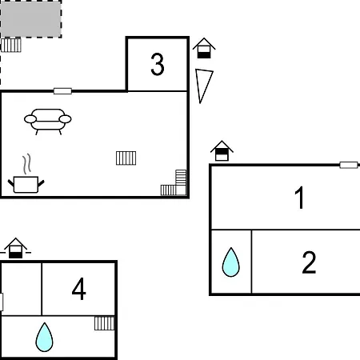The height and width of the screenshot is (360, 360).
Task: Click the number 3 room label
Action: click(x=158, y=64)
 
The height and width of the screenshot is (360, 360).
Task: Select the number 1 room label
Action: click(x=300, y=198)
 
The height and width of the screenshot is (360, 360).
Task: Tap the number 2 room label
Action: click(x=309, y=262)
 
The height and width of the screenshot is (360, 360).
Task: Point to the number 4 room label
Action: click(x=79, y=289)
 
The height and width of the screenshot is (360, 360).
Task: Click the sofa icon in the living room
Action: click(x=48, y=122)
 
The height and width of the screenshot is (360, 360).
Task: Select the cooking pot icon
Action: click(x=26, y=184)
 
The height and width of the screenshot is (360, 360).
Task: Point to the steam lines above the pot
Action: click(x=26, y=164)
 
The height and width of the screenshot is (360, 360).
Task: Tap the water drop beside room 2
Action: click(x=231, y=262)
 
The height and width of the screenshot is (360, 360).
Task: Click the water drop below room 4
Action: click(x=44, y=337)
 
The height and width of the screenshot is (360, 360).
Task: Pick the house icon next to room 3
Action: click(x=204, y=48)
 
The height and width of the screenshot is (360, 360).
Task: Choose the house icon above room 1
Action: click(x=222, y=150)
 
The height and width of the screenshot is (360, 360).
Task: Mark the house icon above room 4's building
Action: click(x=15, y=248)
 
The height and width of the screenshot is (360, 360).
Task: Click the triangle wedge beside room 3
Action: click(x=203, y=86)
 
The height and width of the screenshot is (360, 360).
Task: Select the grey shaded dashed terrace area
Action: click(x=30, y=19)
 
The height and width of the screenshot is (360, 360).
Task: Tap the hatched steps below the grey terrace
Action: click(x=11, y=45)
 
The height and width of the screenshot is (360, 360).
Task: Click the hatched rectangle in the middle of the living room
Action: click(x=126, y=158)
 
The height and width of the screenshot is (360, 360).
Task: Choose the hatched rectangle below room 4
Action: click(x=105, y=323)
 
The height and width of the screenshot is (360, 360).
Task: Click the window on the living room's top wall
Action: click(x=62, y=91)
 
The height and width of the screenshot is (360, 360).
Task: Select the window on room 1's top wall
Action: click(x=349, y=165)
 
